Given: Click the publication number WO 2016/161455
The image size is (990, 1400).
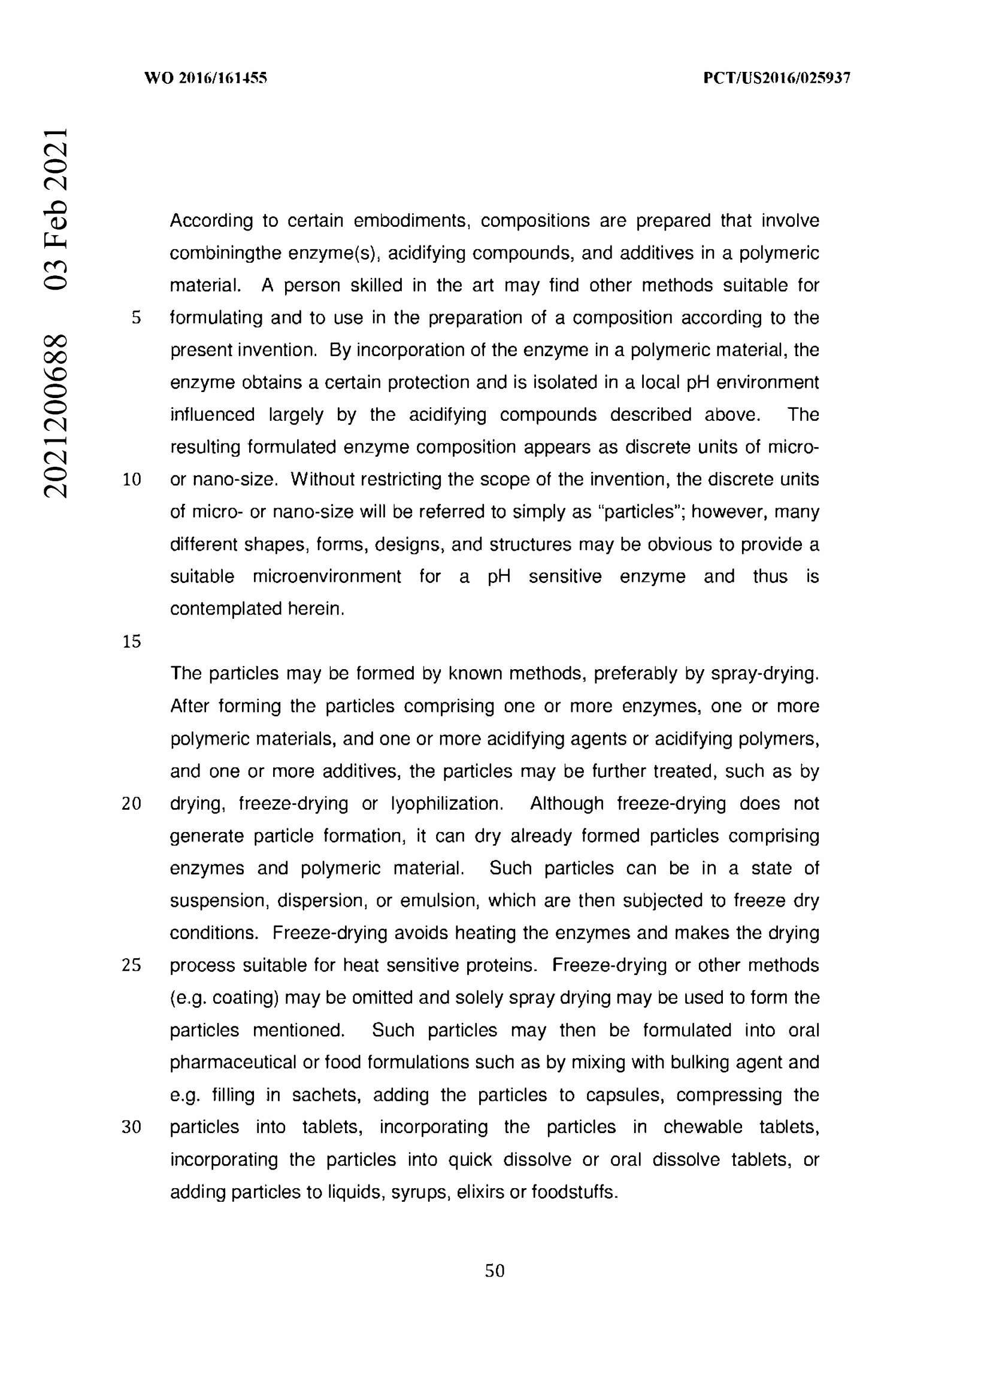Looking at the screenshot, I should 205,78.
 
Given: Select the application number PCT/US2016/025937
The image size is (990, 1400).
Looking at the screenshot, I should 776,78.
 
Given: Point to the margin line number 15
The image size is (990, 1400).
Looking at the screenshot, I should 131,642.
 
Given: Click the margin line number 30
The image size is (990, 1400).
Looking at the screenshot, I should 131,1127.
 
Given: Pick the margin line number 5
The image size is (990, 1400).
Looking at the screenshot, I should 136,318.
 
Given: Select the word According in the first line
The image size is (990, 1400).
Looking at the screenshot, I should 211,221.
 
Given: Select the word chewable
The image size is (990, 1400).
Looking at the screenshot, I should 703,1127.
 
